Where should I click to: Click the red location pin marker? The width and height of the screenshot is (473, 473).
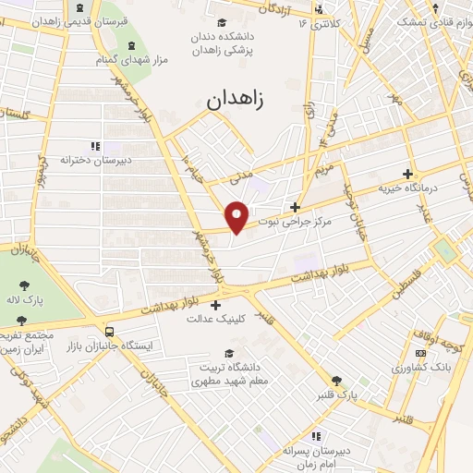[237, 217]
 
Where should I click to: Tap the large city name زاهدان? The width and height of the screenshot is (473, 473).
[236, 99]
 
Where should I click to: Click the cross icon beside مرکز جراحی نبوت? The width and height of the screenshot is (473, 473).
[295, 207]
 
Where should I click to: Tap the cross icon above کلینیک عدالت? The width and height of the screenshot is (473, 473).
[216, 305]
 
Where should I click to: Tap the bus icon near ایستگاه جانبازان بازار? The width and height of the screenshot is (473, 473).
[110, 331]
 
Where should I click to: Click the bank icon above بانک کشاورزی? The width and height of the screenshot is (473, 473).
[420, 353]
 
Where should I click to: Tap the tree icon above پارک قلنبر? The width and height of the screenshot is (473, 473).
[336, 380]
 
